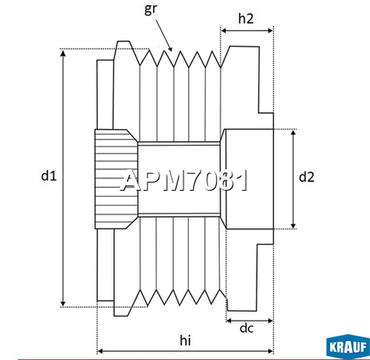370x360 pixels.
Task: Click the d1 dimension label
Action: (x=48, y=176)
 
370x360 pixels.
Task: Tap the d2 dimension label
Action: (x=306, y=177)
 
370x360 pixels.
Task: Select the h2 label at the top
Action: (x=246, y=19)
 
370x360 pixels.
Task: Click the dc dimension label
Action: (x=247, y=328)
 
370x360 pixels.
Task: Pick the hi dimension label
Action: (x=185, y=340)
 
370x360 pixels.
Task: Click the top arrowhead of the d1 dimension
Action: (x=64, y=53)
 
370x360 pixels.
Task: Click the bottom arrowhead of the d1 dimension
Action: (x=64, y=302)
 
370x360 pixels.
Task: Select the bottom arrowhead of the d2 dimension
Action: (x=293, y=225)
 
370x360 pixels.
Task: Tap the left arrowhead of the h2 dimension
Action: (x=224, y=31)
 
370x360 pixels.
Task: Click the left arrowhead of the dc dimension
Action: (x=229, y=320)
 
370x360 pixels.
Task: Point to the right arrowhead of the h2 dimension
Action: (x=270, y=31)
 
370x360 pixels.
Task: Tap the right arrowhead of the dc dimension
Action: (x=270, y=320)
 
